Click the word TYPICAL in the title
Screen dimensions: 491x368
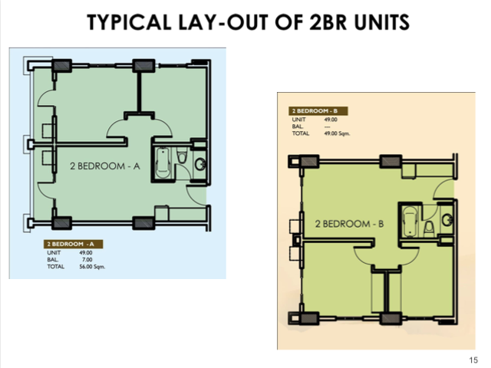tap(129, 22)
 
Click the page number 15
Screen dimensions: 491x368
tap(473, 360)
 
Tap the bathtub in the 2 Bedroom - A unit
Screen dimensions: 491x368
tap(163, 163)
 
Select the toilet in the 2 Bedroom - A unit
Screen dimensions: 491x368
tap(181, 156)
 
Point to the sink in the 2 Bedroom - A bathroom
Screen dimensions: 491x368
tap(199, 163)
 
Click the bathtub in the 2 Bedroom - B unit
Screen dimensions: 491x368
tap(409, 222)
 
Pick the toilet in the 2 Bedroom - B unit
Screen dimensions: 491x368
tap(429, 228)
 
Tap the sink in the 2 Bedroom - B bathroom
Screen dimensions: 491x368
tap(447, 220)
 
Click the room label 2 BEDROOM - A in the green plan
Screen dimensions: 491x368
tap(105, 166)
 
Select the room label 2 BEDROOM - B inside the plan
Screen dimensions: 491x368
tap(349, 224)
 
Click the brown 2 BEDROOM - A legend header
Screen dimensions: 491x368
tap(74, 244)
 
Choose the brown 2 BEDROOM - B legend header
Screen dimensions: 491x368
tap(318, 110)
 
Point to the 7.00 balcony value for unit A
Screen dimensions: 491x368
tap(87, 259)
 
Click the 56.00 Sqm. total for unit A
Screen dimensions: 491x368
tap(92, 267)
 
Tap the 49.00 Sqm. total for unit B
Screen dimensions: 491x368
tap(338, 133)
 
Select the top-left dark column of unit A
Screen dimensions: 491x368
tap(61, 66)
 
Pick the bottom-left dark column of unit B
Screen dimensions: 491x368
tap(308, 319)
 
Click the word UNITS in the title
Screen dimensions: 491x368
tap(382, 22)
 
